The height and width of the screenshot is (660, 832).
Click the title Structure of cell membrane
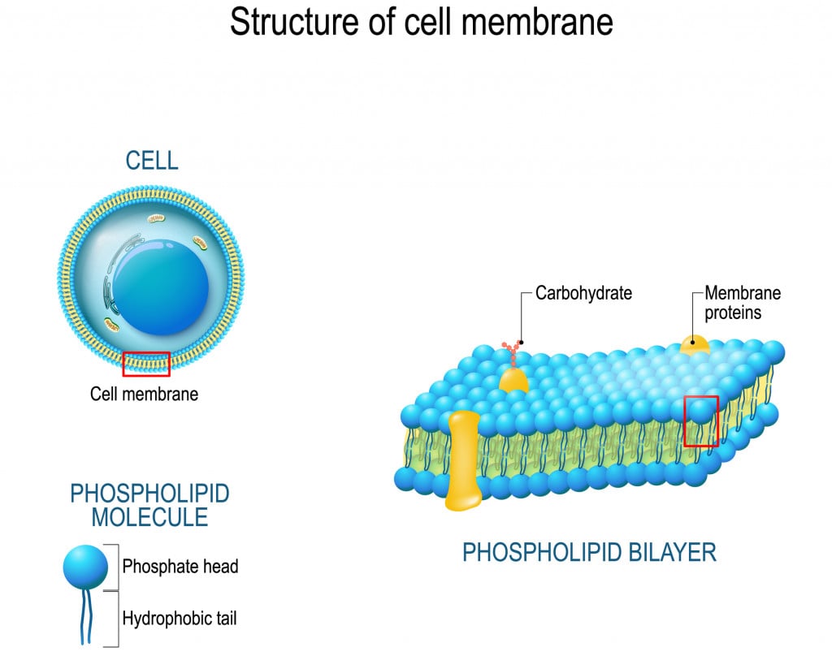421,22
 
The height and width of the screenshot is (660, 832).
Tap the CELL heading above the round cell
151,161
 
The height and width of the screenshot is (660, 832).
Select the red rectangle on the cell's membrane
146,365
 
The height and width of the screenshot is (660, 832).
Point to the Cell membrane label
144,395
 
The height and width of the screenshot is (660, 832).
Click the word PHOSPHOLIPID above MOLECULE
149,493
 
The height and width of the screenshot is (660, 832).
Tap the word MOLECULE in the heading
149,517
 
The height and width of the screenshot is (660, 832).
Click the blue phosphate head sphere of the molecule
85,567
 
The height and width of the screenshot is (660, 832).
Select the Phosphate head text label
180,567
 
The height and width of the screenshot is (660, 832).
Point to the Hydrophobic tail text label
180,619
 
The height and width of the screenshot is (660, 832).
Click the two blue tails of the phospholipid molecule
85,617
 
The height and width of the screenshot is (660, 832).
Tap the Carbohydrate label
583,293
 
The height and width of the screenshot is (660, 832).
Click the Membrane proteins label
742,302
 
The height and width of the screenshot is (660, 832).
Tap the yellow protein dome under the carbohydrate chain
513,380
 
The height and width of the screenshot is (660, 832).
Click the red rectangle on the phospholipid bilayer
701,421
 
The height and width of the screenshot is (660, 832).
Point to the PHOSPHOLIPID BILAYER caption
589,554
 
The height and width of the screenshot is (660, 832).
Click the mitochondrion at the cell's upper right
200,243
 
